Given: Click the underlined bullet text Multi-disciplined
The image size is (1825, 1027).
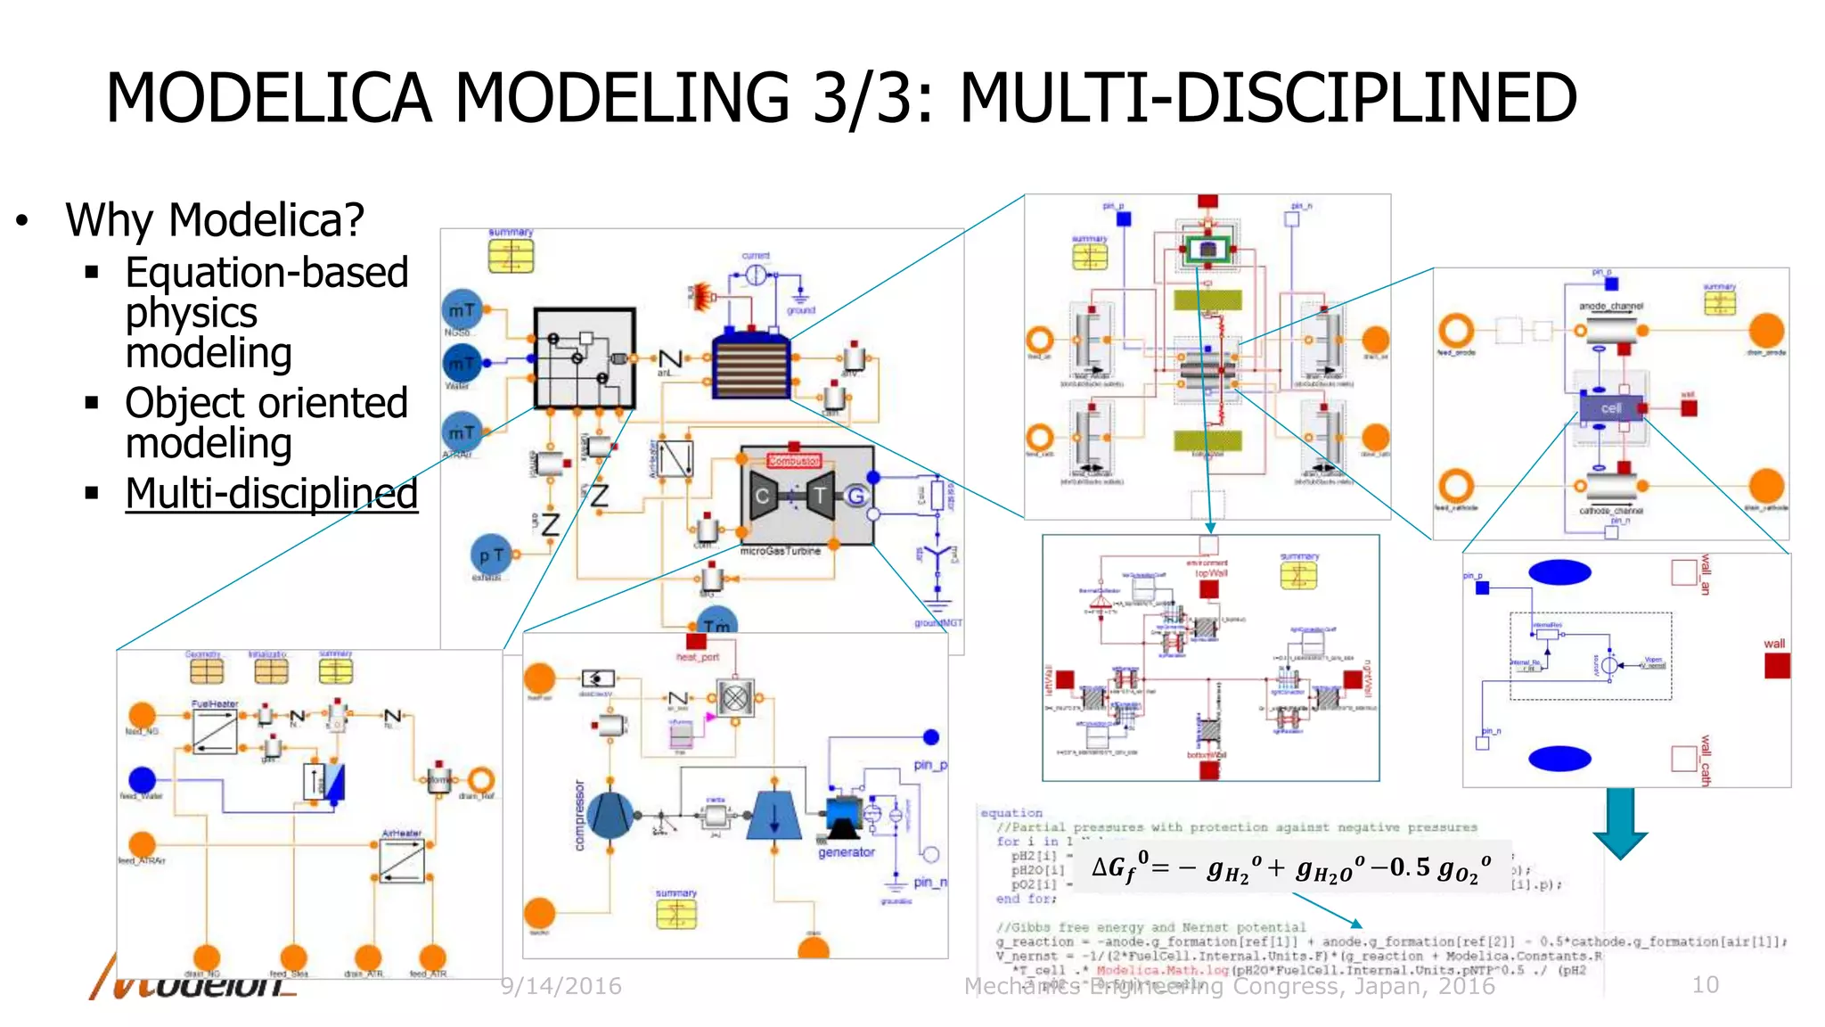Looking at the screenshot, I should pyautogui.click(x=271, y=493).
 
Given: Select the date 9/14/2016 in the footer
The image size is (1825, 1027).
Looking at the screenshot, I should pyautogui.click(x=561, y=986).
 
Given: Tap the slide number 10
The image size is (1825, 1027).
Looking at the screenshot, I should pyautogui.click(x=1705, y=984).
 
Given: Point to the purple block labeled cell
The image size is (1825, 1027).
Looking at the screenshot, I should pyautogui.click(x=1610, y=408).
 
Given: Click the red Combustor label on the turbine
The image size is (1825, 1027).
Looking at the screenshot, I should pyautogui.click(x=793, y=461).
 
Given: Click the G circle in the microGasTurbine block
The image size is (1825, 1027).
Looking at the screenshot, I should pyautogui.click(x=855, y=496).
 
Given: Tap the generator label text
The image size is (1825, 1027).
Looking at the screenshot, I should pyautogui.click(x=846, y=852).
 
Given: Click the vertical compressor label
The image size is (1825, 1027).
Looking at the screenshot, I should pyautogui.click(x=579, y=815).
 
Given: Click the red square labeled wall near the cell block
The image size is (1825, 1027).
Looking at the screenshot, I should pyautogui.click(x=1688, y=408).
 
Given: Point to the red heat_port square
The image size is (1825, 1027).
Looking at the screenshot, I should pyautogui.click(x=696, y=641).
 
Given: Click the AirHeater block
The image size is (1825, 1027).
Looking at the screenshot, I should pyautogui.click(x=401, y=860).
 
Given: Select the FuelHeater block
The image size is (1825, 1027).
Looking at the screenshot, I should pyautogui.click(x=215, y=731).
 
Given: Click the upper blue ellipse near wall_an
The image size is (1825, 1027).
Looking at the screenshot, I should pyautogui.click(x=1559, y=572).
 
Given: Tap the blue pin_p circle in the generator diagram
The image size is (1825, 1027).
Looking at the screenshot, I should pyautogui.click(x=930, y=736).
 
